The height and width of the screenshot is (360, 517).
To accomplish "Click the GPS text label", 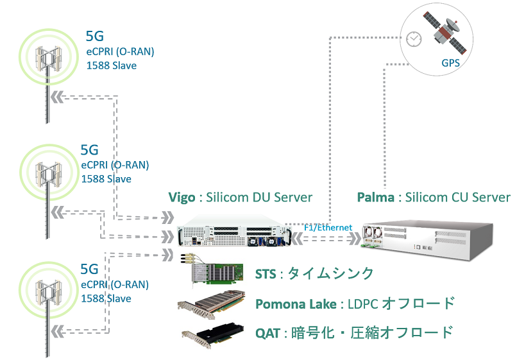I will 450,64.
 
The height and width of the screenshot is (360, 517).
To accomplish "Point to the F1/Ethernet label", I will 327,227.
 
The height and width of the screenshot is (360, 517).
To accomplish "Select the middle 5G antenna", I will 46,170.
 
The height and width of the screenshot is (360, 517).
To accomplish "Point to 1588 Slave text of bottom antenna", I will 106,298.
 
